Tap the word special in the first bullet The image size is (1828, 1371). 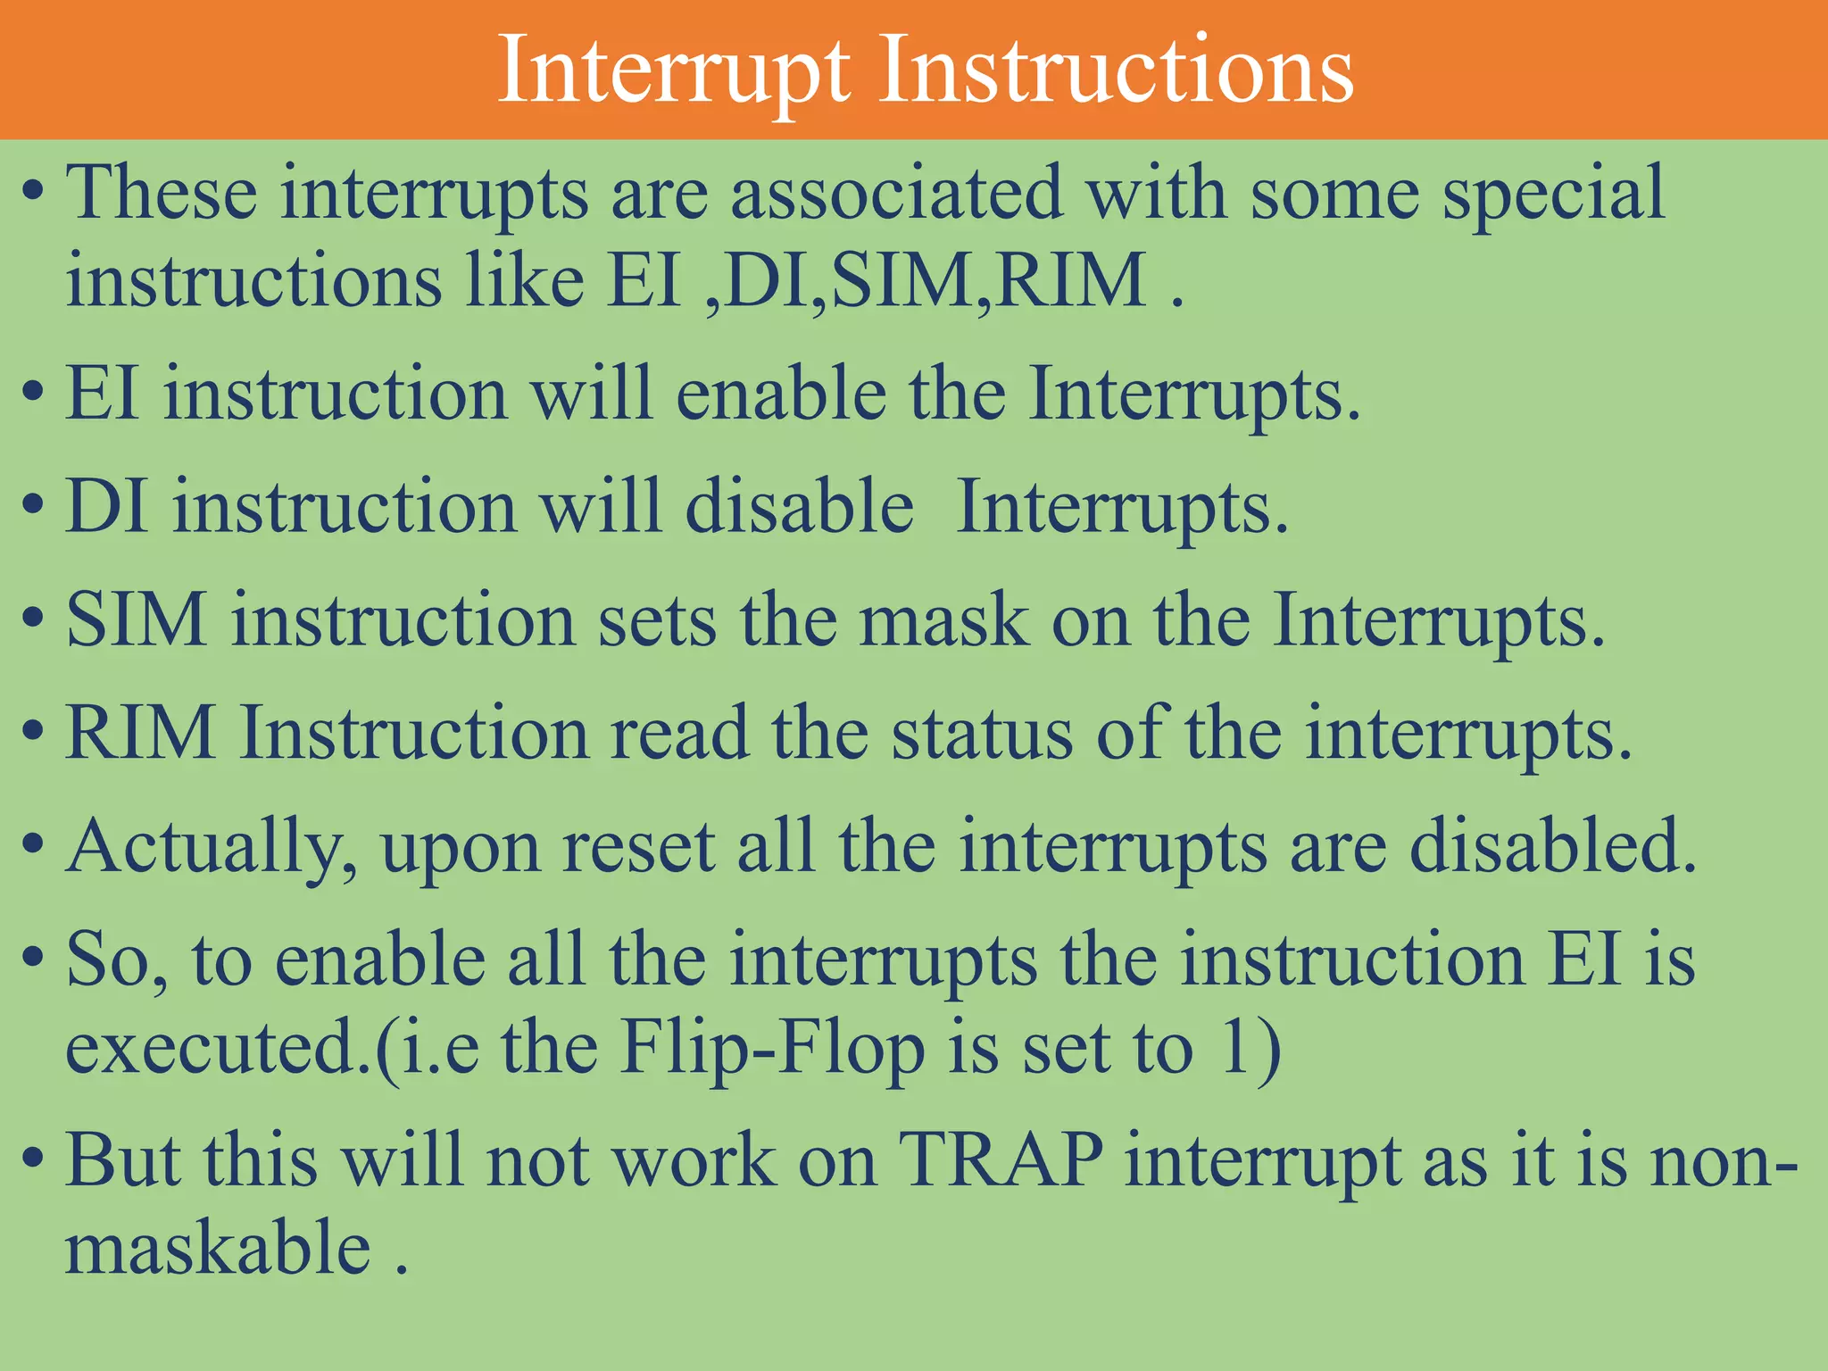point(1554,195)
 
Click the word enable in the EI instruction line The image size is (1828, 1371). point(781,395)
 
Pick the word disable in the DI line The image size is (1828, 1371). point(799,507)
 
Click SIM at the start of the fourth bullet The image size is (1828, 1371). point(136,620)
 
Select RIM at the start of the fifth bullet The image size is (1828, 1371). point(140,733)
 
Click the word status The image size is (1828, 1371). point(982,733)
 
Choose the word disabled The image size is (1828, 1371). point(1552,845)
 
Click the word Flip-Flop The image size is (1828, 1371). point(773,1048)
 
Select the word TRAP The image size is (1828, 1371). point(1001,1160)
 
